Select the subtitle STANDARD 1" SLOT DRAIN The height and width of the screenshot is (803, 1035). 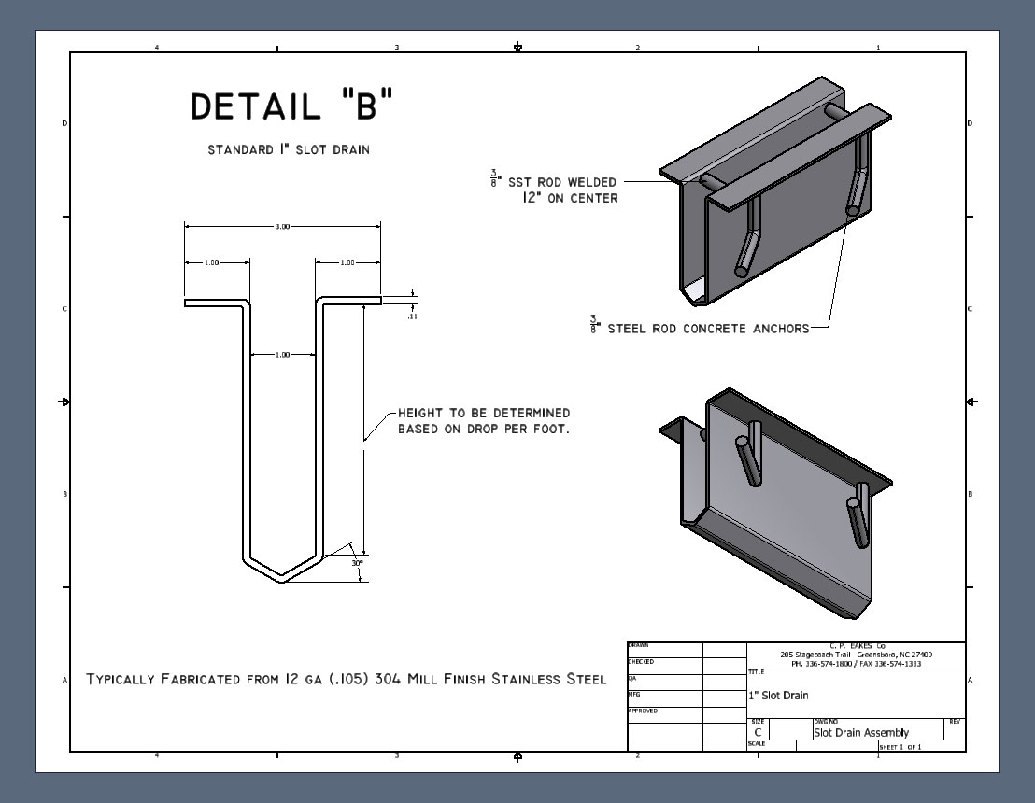point(288,149)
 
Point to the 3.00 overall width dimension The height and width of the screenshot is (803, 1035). point(282,227)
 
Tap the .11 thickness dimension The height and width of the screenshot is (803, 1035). point(412,317)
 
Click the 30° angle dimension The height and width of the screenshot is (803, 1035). point(357,563)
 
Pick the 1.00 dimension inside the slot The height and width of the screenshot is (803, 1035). point(283,355)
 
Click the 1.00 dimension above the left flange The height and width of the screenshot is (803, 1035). point(211,263)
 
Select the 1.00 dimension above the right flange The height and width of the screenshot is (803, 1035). point(347,263)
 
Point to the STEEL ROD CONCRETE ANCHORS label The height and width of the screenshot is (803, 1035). point(708,329)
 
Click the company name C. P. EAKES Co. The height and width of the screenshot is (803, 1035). point(856,646)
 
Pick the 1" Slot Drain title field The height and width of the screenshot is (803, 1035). point(778,696)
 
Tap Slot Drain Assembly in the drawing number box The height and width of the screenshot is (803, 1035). point(860,733)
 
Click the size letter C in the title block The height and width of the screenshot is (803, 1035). point(758,733)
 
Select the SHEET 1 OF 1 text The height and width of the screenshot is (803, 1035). point(900,747)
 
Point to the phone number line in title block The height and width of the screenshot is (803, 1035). point(856,663)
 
